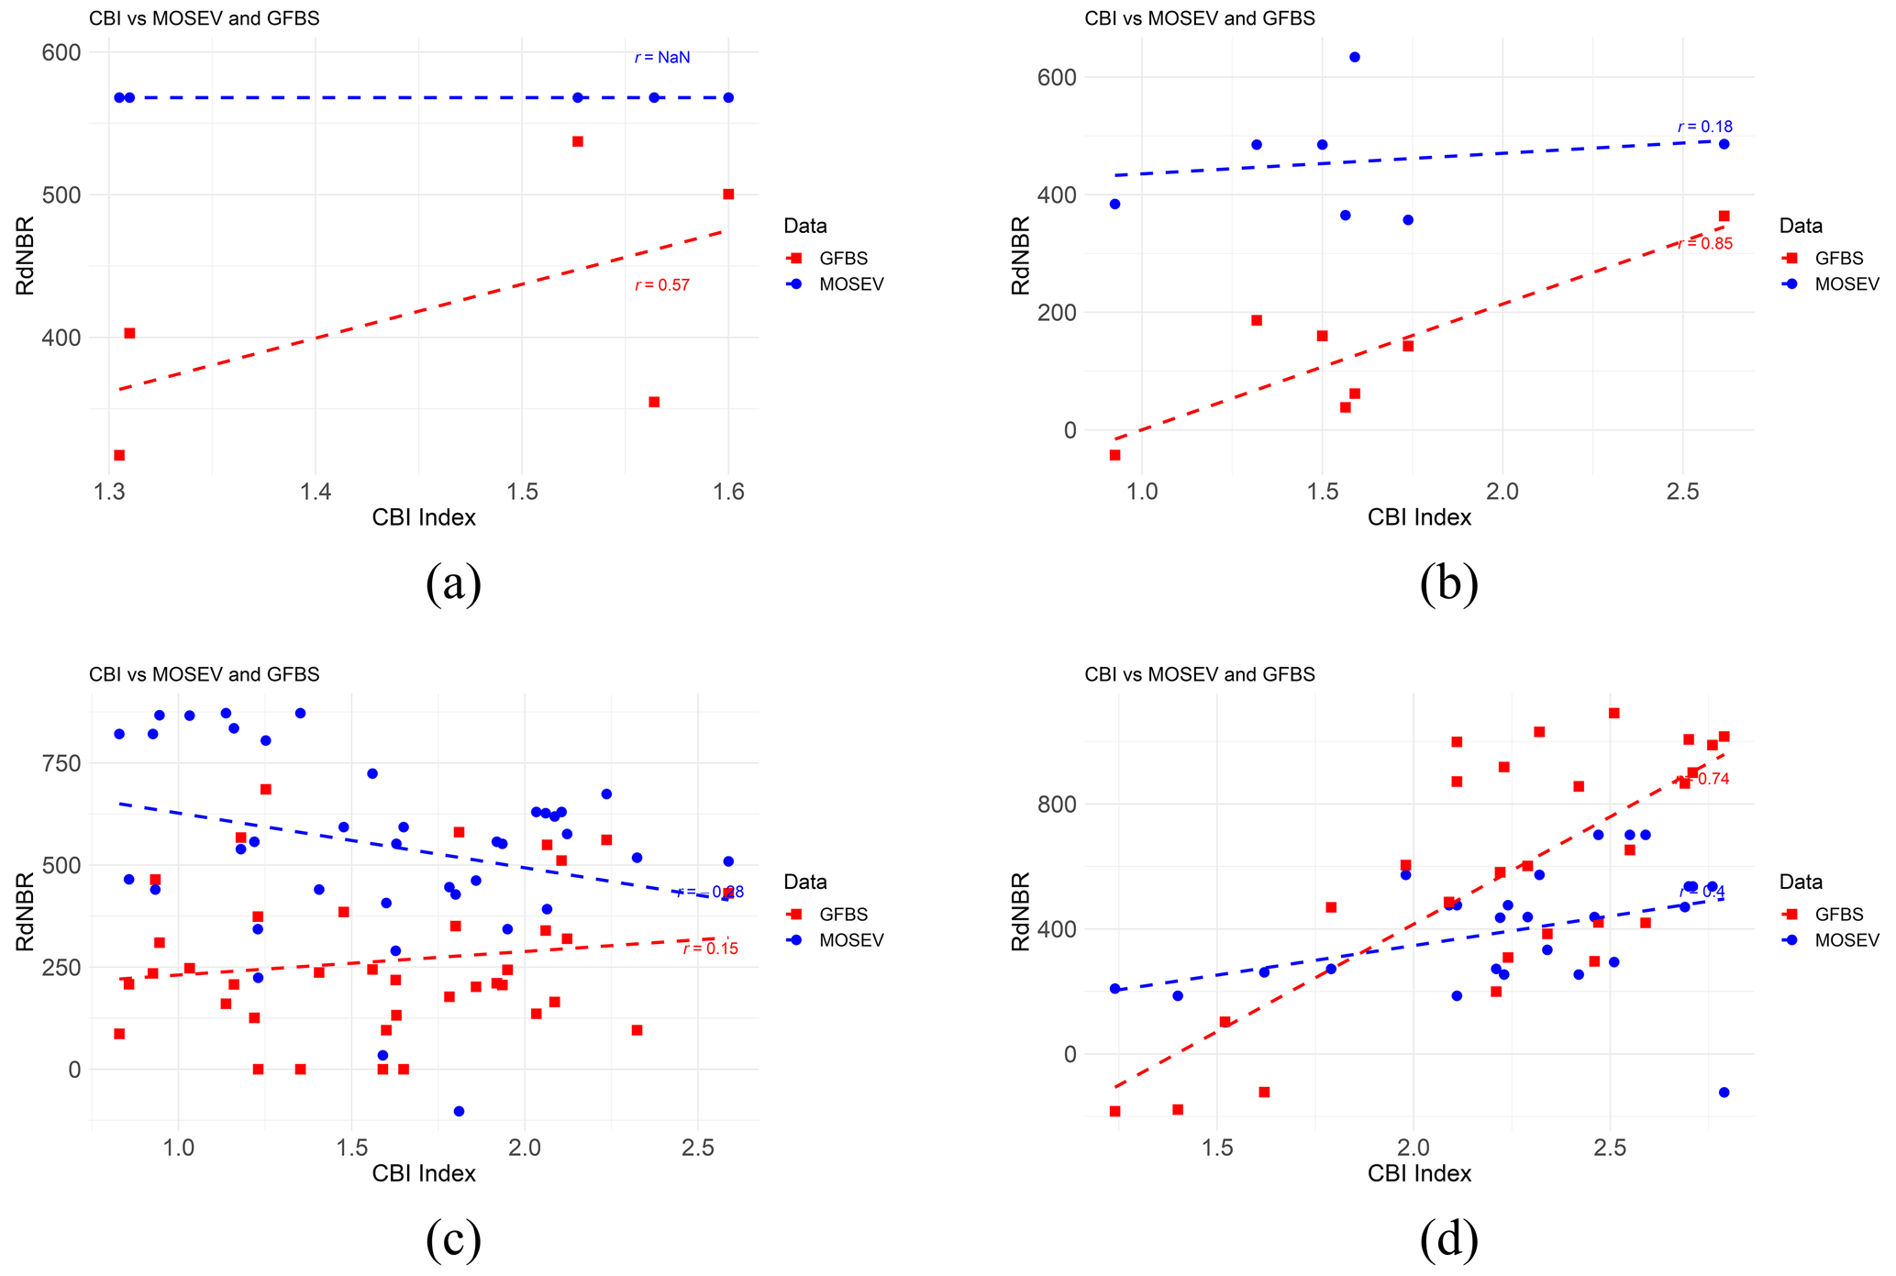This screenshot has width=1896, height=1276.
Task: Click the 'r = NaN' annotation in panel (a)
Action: pos(661,58)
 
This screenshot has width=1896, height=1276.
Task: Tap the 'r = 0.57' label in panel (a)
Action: pos(661,285)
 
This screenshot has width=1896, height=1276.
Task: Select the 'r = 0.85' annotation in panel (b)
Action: pos(1704,244)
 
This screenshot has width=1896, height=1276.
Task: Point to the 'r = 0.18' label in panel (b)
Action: pos(1704,127)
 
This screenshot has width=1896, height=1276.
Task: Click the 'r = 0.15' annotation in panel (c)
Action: pos(710,949)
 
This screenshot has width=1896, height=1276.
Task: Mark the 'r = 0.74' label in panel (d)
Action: pos(1704,779)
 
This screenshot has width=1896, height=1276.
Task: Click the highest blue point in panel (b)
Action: pos(1354,57)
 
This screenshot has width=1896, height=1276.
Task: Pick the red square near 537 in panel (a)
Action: pos(578,141)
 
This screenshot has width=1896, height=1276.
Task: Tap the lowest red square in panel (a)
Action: pos(119,455)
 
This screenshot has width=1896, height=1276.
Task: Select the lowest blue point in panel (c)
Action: pos(459,1111)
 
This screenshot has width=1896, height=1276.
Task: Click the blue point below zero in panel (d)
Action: pos(1724,1092)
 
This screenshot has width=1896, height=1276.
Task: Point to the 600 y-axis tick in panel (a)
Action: pos(61,52)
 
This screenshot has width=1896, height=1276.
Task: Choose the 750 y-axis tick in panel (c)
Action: pos(61,763)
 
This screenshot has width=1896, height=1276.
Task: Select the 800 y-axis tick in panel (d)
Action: pos(1057,804)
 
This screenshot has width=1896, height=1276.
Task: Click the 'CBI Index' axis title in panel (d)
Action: pos(1419,1173)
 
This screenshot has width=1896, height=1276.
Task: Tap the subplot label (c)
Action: pos(453,1240)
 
